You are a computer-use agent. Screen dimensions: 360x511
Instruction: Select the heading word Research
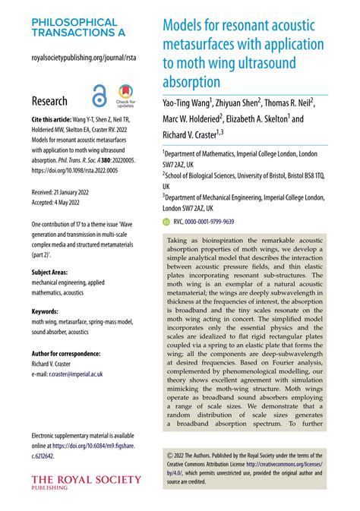point(49,100)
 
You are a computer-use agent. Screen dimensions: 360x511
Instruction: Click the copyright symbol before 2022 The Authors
point(168,455)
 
